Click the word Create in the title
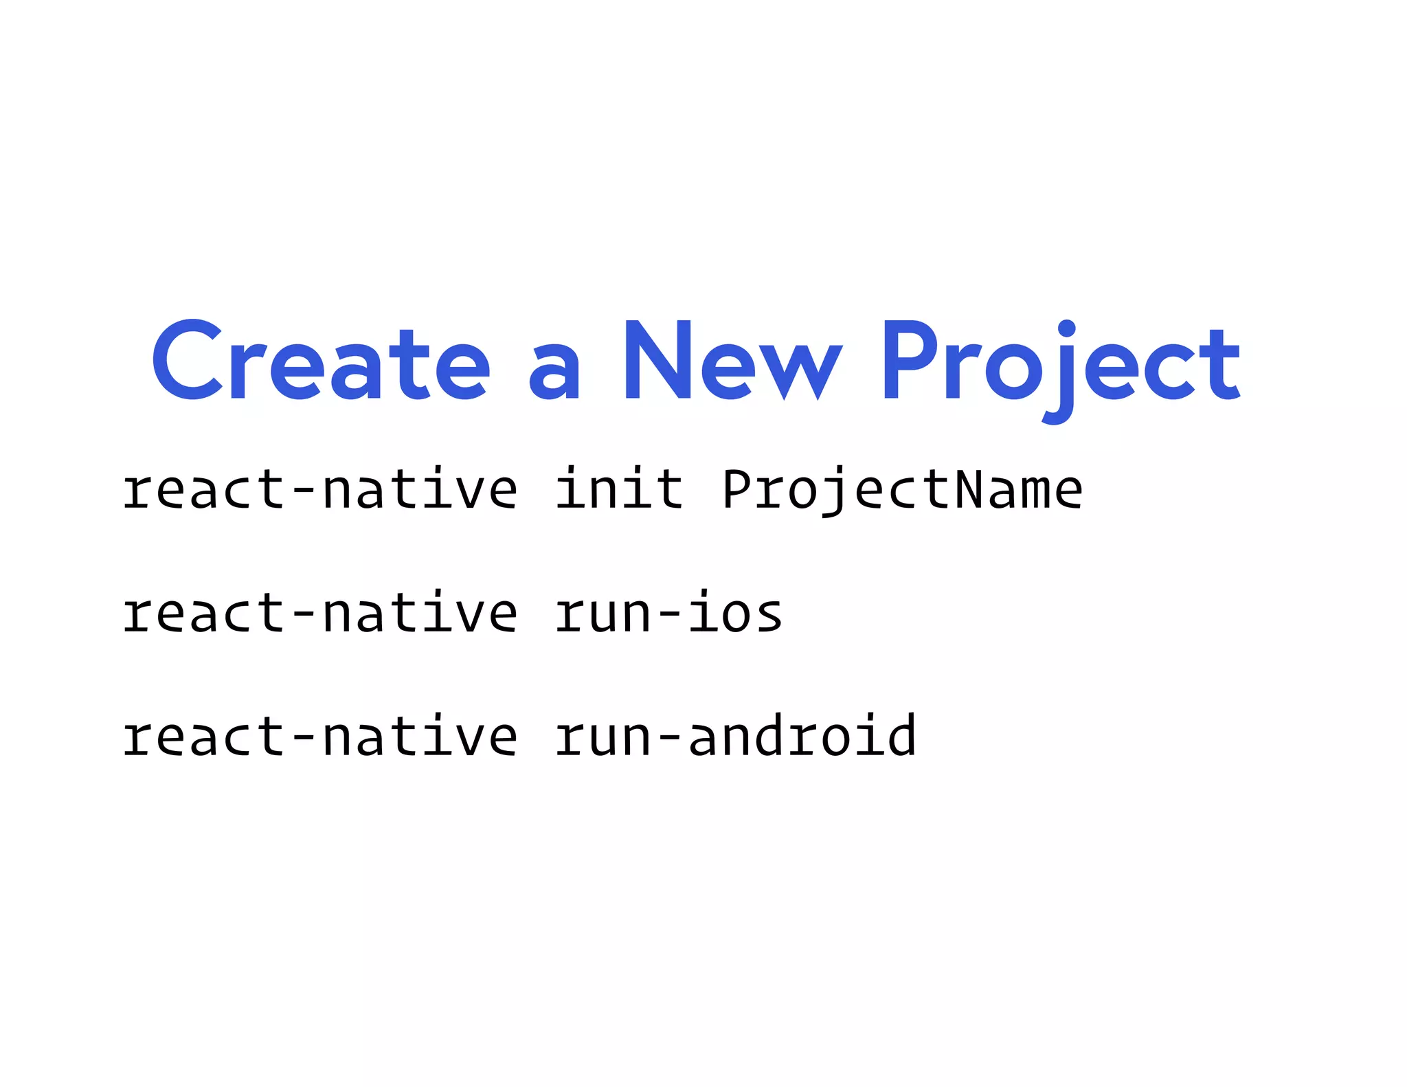(x=321, y=360)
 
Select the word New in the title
(x=732, y=360)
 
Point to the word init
(x=619, y=489)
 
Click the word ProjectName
(x=902, y=490)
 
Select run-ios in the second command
(x=668, y=612)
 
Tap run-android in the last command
(x=735, y=736)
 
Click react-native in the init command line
(x=320, y=490)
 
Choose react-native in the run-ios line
(x=320, y=612)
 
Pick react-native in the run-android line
(x=320, y=736)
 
